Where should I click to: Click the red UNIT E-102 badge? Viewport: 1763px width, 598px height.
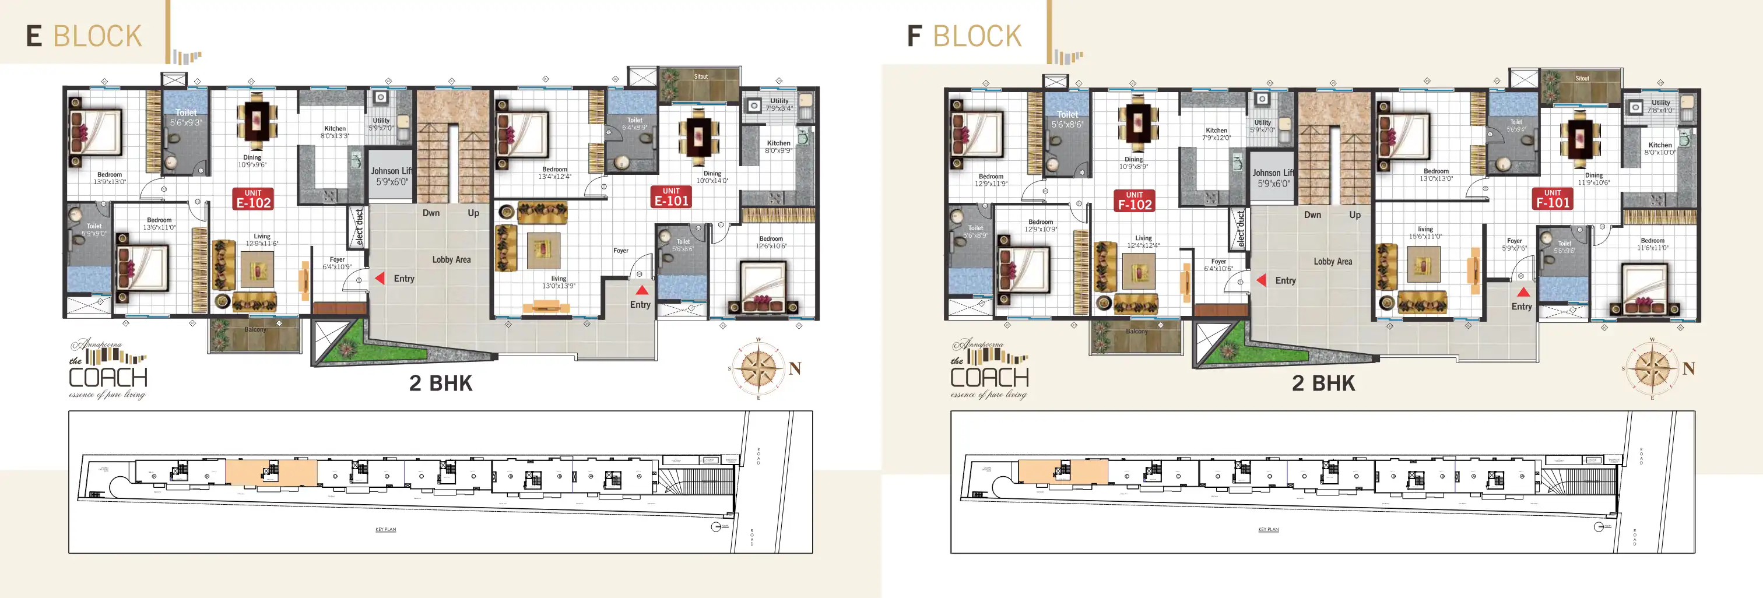253,198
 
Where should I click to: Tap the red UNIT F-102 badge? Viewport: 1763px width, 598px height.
1134,200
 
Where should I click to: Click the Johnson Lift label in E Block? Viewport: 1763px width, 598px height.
391,177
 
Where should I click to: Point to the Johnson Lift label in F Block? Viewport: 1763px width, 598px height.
1273,178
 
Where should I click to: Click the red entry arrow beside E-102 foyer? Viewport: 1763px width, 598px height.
379,278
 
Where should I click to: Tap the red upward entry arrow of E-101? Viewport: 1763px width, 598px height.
641,290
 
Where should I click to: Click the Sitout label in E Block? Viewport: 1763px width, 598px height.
701,76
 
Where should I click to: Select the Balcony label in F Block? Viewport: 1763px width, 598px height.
1136,331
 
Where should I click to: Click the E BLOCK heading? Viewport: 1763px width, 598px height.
83,36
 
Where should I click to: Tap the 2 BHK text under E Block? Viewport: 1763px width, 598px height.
441,383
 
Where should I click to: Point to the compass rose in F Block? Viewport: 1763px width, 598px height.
1652,369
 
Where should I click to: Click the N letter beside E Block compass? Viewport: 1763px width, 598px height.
795,369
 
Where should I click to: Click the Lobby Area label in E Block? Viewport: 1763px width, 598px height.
451,259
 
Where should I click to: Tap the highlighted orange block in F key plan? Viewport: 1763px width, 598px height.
1062,472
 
